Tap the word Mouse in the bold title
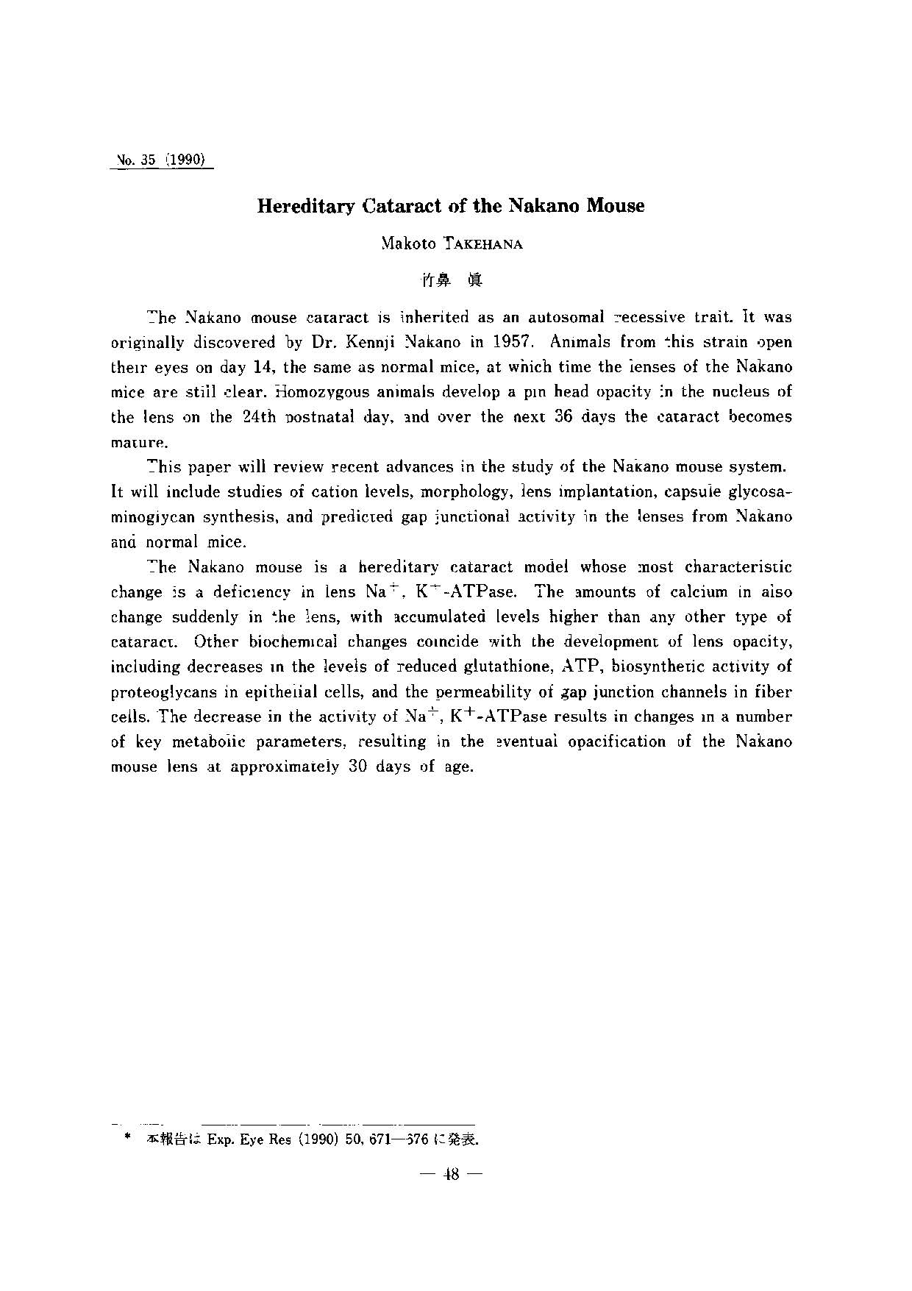pyautogui.click(x=616, y=207)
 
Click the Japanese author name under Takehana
pyautogui.click(x=451, y=280)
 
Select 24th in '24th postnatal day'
pyautogui.click(x=258, y=417)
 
